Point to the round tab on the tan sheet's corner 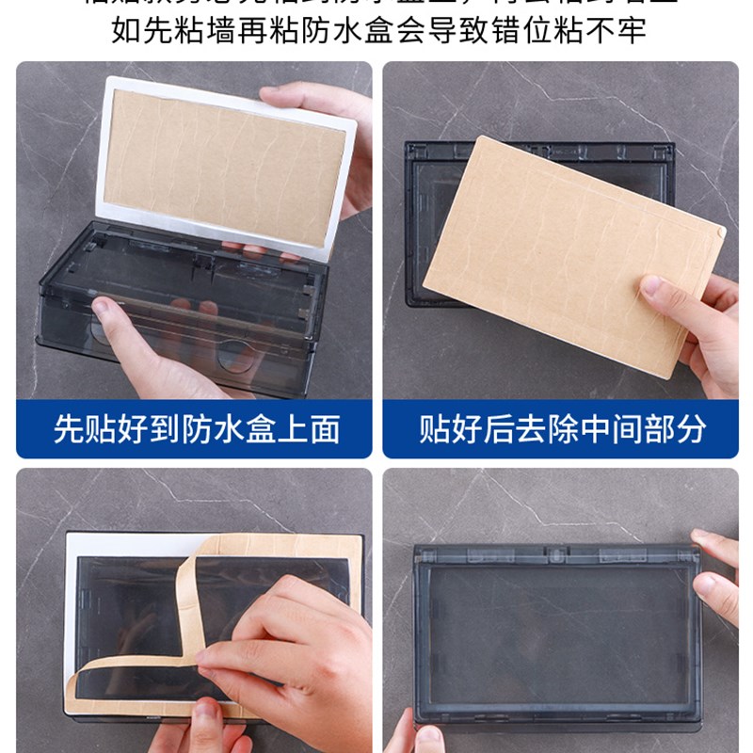pyautogui.click(x=719, y=229)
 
